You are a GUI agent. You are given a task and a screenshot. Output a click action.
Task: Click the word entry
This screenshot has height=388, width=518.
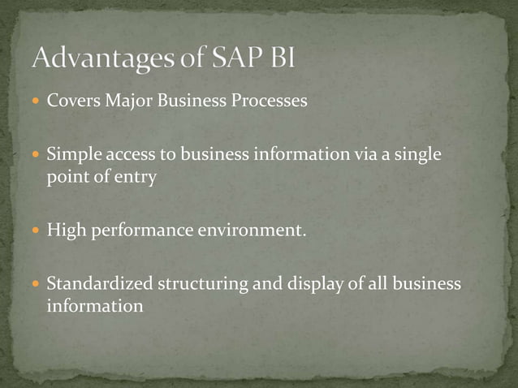click(136, 177)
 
